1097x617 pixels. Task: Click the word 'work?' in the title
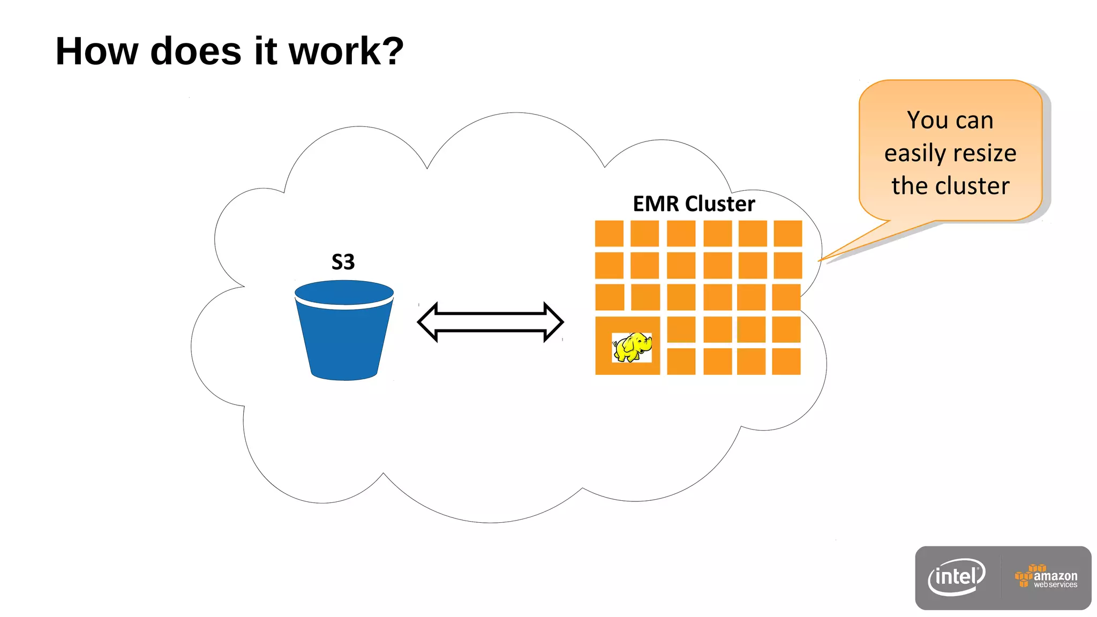346,51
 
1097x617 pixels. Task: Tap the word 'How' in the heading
97,51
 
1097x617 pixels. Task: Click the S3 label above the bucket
343,262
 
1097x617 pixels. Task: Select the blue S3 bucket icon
344,337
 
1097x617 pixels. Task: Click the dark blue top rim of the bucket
344,292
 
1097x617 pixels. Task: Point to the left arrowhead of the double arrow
429,321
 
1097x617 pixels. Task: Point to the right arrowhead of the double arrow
553,321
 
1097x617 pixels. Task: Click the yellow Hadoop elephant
633,347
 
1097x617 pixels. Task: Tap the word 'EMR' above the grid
656,204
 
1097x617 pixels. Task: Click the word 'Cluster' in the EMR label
720,204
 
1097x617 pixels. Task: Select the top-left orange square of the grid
609,234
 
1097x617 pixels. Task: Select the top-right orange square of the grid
787,234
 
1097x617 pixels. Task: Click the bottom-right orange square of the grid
786,362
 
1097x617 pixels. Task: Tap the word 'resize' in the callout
984,153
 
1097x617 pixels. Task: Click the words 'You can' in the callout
950,120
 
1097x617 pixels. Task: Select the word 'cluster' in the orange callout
972,186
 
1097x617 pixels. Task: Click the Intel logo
956,577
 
